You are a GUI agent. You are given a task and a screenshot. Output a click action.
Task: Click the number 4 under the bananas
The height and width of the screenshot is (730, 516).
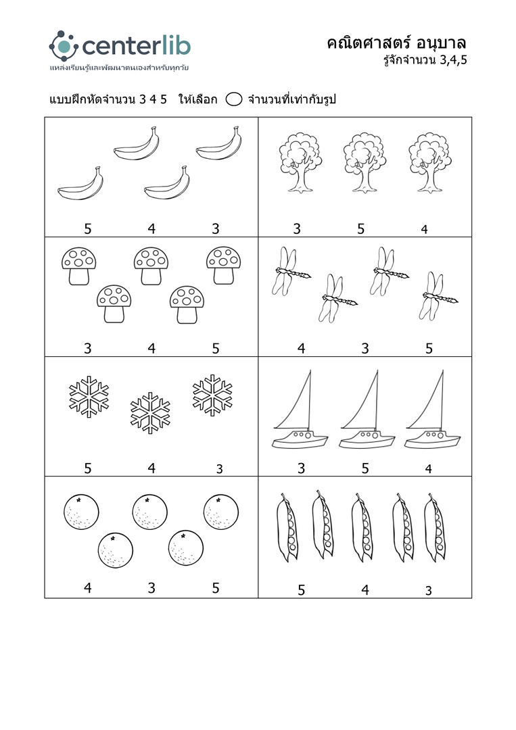[x=151, y=228]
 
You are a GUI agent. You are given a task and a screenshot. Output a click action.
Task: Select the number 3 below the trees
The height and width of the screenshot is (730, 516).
[x=297, y=228]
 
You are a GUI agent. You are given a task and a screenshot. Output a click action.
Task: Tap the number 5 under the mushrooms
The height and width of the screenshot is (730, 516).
[x=216, y=348]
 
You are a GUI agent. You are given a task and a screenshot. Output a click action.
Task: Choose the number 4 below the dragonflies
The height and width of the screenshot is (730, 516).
[x=302, y=348]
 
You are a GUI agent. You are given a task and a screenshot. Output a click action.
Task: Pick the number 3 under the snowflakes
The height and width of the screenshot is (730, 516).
[x=219, y=469]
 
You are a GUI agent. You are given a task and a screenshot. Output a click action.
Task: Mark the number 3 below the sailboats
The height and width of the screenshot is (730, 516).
[x=302, y=468]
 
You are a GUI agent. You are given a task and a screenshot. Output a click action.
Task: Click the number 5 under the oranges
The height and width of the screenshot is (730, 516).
[x=216, y=588]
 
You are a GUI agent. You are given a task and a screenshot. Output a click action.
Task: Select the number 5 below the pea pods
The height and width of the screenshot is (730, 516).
[x=302, y=590]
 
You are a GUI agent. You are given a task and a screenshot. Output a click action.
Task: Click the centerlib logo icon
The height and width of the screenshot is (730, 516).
[x=64, y=46]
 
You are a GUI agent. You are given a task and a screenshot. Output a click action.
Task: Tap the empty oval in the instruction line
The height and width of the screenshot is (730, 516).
[x=234, y=99]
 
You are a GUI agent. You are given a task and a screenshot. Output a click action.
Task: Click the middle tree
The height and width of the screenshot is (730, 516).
[x=365, y=162]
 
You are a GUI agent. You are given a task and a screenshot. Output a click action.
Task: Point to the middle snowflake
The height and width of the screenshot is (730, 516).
[x=150, y=413]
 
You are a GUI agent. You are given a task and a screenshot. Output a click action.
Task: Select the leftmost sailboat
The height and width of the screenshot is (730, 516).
[x=300, y=410]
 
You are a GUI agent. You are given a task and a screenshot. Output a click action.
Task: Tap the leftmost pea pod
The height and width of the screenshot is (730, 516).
[x=287, y=527]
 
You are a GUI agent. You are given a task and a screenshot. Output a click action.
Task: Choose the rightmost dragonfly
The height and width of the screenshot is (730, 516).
[x=437, y=296]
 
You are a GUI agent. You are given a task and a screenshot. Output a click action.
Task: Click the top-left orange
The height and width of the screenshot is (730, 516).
[x=82, y=512]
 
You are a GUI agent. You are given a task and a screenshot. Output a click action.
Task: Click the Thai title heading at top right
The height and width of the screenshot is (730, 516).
[x=396, y=43]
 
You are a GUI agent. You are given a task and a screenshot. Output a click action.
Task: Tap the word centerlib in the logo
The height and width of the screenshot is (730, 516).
[x=137, y=46]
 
